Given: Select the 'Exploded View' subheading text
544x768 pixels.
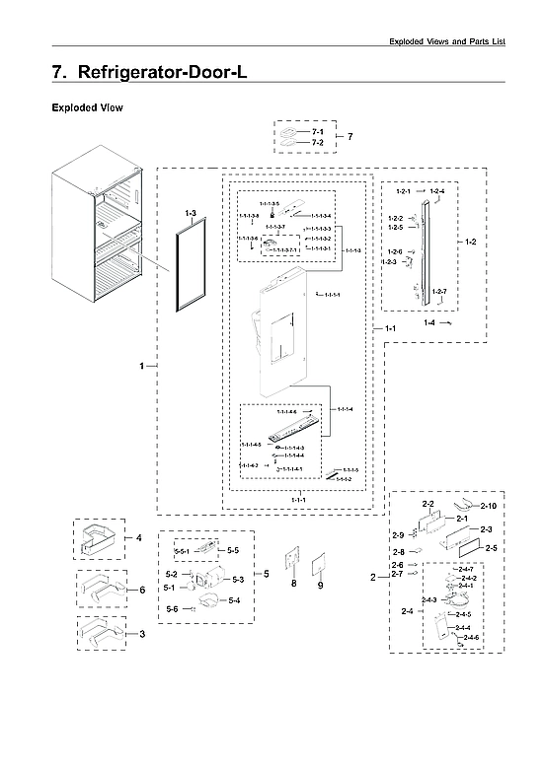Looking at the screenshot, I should point(87,108).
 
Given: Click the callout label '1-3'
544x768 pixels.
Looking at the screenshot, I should point(190,213).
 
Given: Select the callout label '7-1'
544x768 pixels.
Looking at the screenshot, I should point(317,132).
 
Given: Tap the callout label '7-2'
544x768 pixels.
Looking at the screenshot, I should point(317,144).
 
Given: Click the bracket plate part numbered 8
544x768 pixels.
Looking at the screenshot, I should point(291,564).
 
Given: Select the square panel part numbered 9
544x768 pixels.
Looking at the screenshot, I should point(320,567).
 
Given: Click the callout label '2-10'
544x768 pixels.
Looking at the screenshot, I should point(488,505).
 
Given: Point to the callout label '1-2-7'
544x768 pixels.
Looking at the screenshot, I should point(440,292).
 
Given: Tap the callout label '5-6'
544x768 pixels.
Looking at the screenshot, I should point(174,609).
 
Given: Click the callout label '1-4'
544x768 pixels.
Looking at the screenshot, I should point(429,322).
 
